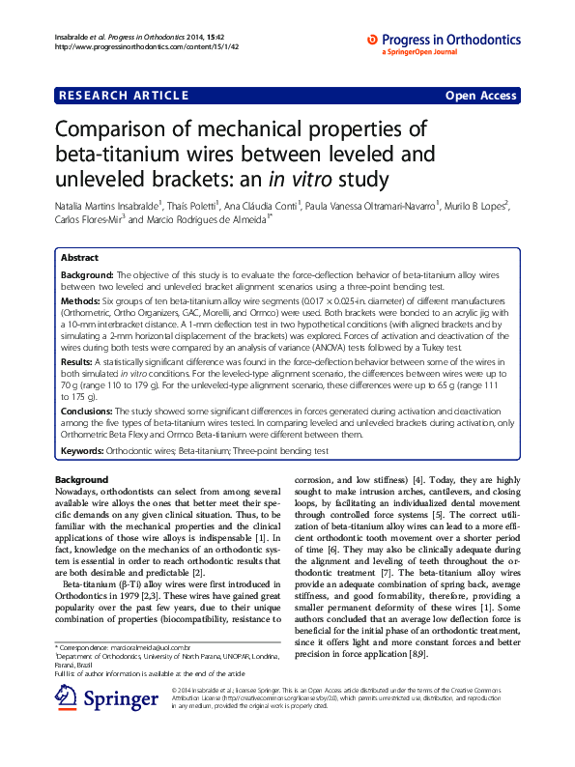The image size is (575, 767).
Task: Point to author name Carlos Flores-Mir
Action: [x=87, y=219]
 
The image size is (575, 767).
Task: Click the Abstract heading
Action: [x=79, y=259]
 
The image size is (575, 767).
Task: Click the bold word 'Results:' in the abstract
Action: [x=79, y=359]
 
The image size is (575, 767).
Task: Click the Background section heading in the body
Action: [x=81, y=480]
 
